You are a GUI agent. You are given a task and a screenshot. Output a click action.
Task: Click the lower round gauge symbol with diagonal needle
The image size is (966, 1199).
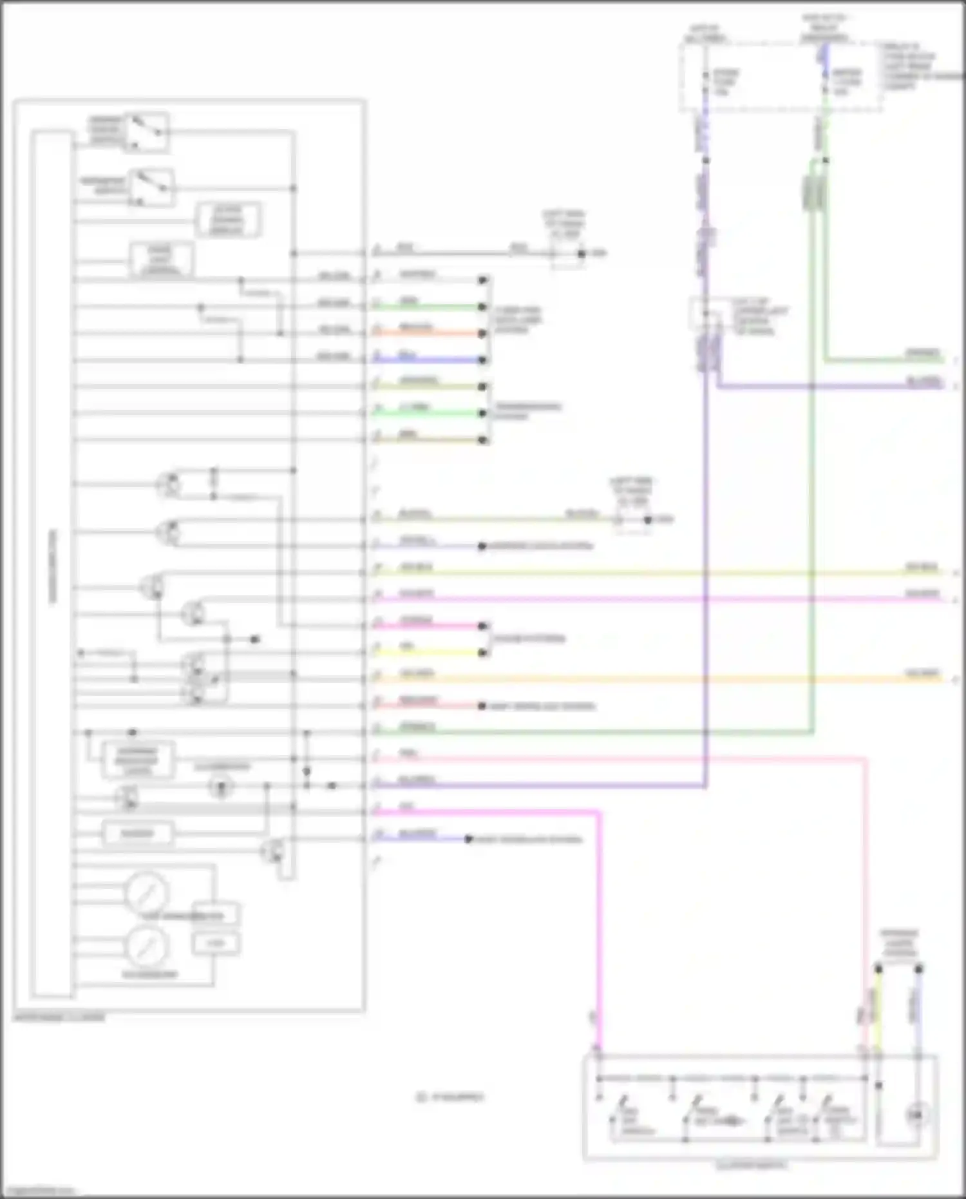pyautogui.click(x=147, y=945)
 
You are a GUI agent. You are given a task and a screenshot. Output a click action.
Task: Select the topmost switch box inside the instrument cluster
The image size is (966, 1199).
pyautogui.click(x=146, y=132)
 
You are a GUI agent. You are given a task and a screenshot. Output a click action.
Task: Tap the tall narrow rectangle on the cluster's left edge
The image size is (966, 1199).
pyautogui.click(x=52, y=564)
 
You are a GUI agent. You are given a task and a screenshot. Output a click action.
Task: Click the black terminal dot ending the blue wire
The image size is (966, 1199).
pyautogui.click(x=482, y=360)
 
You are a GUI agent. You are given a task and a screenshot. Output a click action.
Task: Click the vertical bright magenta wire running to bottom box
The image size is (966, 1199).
pyautogui.click(x=599, y=928)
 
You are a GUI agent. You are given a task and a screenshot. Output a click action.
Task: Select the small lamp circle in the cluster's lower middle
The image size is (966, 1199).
pyautogui.click(x=221, y=786)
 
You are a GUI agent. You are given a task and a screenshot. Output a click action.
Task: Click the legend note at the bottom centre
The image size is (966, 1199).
pyautogui.click(x=451, y=1097)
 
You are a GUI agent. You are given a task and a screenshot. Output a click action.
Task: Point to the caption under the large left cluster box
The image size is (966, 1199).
pyautogui.click(x=59, y=1018)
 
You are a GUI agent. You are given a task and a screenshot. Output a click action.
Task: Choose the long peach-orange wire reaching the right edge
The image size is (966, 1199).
pyautogui.click(x=644, y=679)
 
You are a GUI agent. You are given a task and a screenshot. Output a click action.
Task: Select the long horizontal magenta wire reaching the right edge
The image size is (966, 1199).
pyautogui.click(x=644, y=599)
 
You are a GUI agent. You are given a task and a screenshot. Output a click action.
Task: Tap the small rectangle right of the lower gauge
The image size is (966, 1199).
pyautogui.click(x=216, y=944)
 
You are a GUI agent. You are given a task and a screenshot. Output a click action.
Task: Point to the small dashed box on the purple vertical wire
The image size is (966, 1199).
pyautogui.click(x=706, y=314)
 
